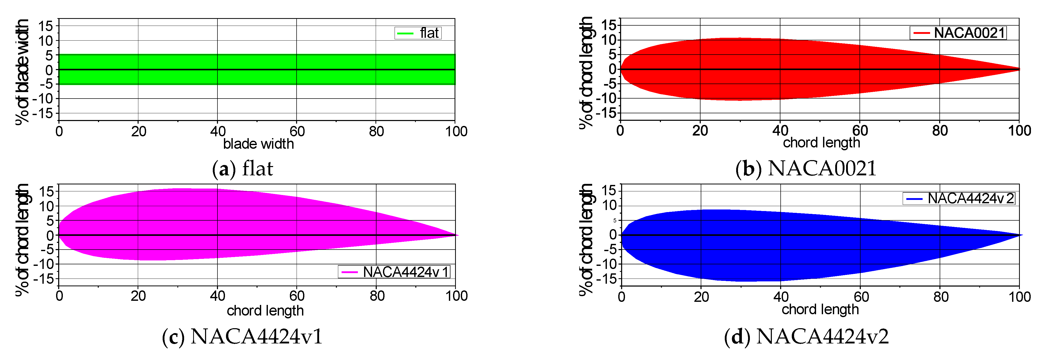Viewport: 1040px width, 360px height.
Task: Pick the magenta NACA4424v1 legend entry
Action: click(394, 272)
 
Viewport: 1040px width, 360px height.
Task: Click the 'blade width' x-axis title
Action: click(258, 144)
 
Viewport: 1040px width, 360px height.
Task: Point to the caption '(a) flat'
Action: click(243, 168)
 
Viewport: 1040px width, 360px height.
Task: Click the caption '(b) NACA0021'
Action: click(806, 168)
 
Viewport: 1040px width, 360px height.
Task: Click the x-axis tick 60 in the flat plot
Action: click(297, 131)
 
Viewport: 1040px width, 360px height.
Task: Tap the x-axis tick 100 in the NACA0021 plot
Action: click(1019, 131)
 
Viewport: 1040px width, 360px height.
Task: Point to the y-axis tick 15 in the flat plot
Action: click(46, 26)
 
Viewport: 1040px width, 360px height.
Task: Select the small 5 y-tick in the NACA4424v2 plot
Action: click(615, 220)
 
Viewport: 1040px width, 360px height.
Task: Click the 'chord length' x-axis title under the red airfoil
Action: click(821, 142)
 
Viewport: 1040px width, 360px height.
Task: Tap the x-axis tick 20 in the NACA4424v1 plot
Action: click(138, 296)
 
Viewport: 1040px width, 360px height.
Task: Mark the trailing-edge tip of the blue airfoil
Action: click(1021, 235)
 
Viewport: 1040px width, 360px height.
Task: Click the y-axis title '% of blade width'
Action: click(22, 72)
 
